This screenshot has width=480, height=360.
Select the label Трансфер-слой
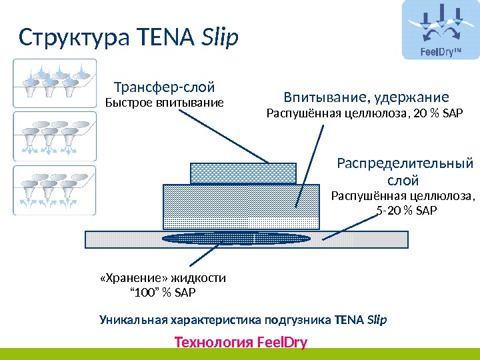click(x=165, y=87)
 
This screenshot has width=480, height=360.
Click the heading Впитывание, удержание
click(x=367, y=97)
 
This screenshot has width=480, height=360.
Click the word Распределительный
click(x=405, y=163)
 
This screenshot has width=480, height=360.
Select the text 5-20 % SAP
click(x=404, y=211)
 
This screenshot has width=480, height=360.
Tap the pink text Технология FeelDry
click(x=240, y=342)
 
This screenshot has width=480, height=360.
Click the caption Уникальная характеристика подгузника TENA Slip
click(x=243, y=319)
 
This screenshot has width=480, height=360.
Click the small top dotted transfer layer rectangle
click(x=243, y=173)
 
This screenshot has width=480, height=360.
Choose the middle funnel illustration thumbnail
click(x=55, y=136)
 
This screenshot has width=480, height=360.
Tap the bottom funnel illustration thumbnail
click(x=55, y=190)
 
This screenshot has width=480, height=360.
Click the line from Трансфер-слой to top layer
click(x=223, y=137)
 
